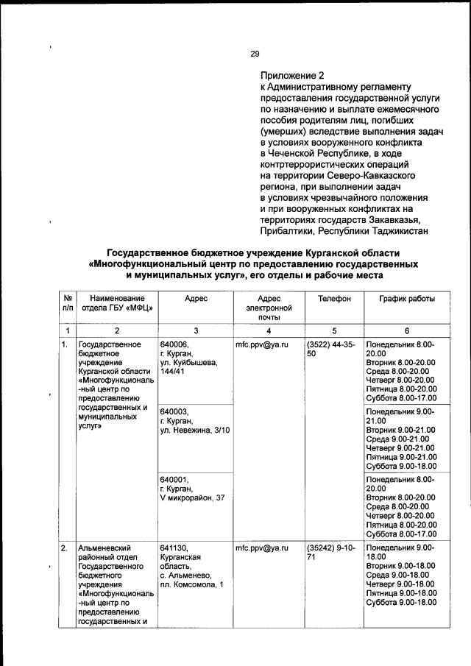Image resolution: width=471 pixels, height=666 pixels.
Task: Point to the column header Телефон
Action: tap(334, 298)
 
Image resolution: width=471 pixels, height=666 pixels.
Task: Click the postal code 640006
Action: tap(174, 344)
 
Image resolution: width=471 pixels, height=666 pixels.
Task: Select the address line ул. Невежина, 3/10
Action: tap(194, 430)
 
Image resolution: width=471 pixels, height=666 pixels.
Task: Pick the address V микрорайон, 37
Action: tap(192, 498)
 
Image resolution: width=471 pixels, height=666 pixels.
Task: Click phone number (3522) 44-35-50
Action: tap(331, 348)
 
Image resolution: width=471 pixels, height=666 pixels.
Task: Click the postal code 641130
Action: tap(174, 548)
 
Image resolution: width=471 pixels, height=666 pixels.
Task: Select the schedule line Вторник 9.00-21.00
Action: tap(400, 430)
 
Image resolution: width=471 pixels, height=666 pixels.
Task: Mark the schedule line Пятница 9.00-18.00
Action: tap(400, 593)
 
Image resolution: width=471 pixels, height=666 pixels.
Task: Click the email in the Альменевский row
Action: tap(261, 548)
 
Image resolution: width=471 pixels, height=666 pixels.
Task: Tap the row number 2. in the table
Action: tap(65, 548)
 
